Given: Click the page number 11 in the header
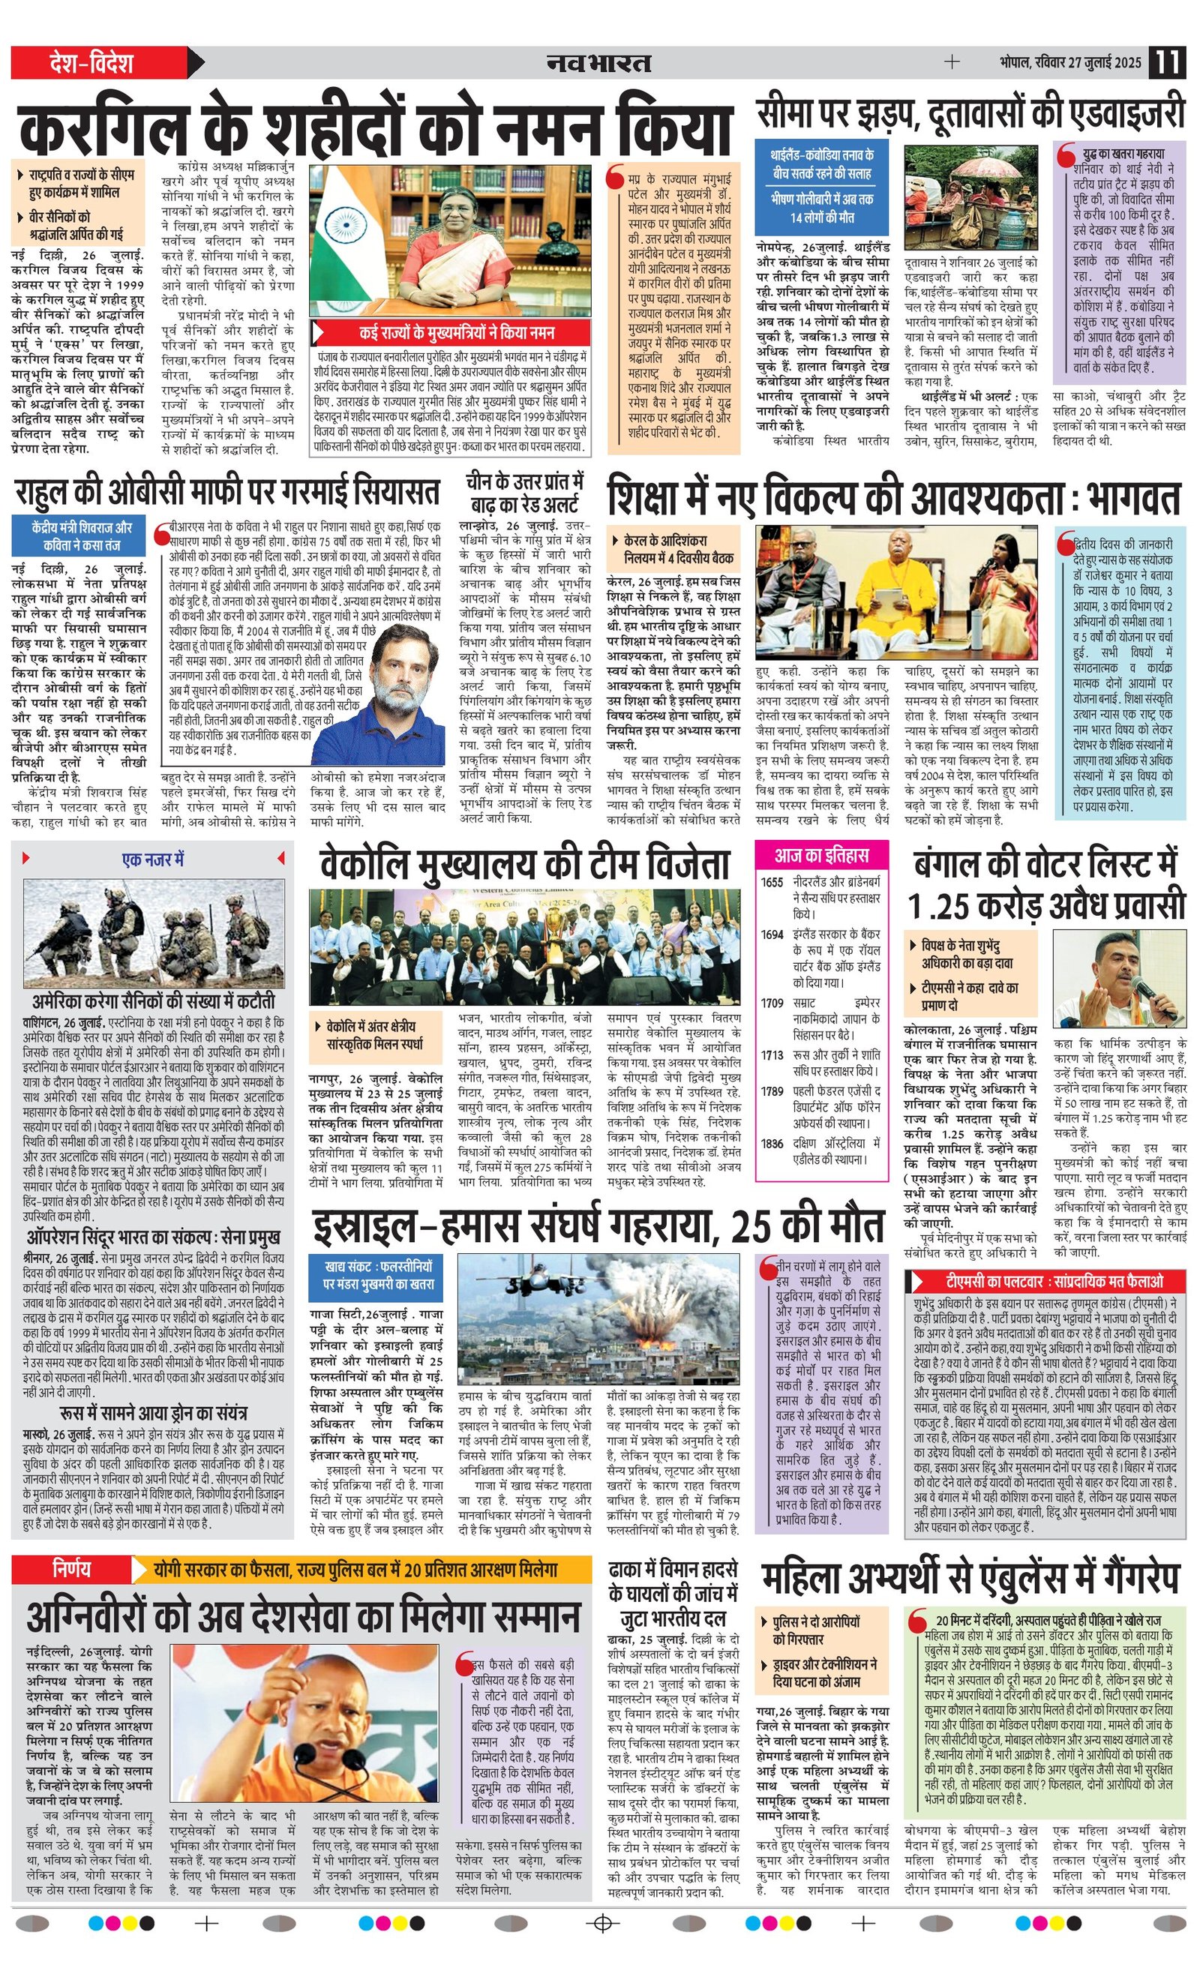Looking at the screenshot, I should coord(1167,62).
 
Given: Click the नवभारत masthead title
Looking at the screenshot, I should coord(598,62).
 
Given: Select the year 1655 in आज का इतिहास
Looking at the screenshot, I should coord(771,882).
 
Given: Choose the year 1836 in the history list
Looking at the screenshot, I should coord(771,1143).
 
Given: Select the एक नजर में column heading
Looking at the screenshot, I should coord(153,859).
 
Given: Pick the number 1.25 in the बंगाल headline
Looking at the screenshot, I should coord(937,905).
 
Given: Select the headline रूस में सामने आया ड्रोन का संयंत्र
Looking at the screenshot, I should coord(154,1413).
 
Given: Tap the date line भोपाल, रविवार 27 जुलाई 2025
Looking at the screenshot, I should coord(1070,63).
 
